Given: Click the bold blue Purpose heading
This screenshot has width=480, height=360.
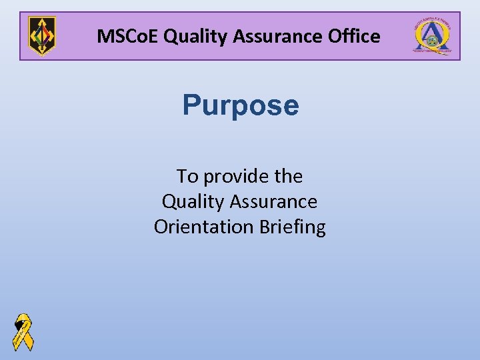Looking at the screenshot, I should (x=241, y=105).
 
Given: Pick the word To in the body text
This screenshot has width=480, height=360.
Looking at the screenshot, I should (x=187, y=177).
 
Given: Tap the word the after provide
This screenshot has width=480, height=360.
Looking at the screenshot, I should (x=288, y=177).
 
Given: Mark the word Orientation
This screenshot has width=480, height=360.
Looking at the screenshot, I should (x=203, y=227).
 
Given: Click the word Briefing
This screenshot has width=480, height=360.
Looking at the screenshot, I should (x=291, y=227).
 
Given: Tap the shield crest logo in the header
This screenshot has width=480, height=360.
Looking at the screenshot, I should (x=42, y=36).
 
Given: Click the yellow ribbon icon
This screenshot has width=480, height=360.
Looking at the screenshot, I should (x=23, y=331).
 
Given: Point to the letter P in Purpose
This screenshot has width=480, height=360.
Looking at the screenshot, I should (x=192, y=105).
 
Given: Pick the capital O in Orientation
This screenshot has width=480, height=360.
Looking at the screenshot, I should (x=161, y=227).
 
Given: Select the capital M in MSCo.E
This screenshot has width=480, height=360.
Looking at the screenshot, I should (x=105, y=36).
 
